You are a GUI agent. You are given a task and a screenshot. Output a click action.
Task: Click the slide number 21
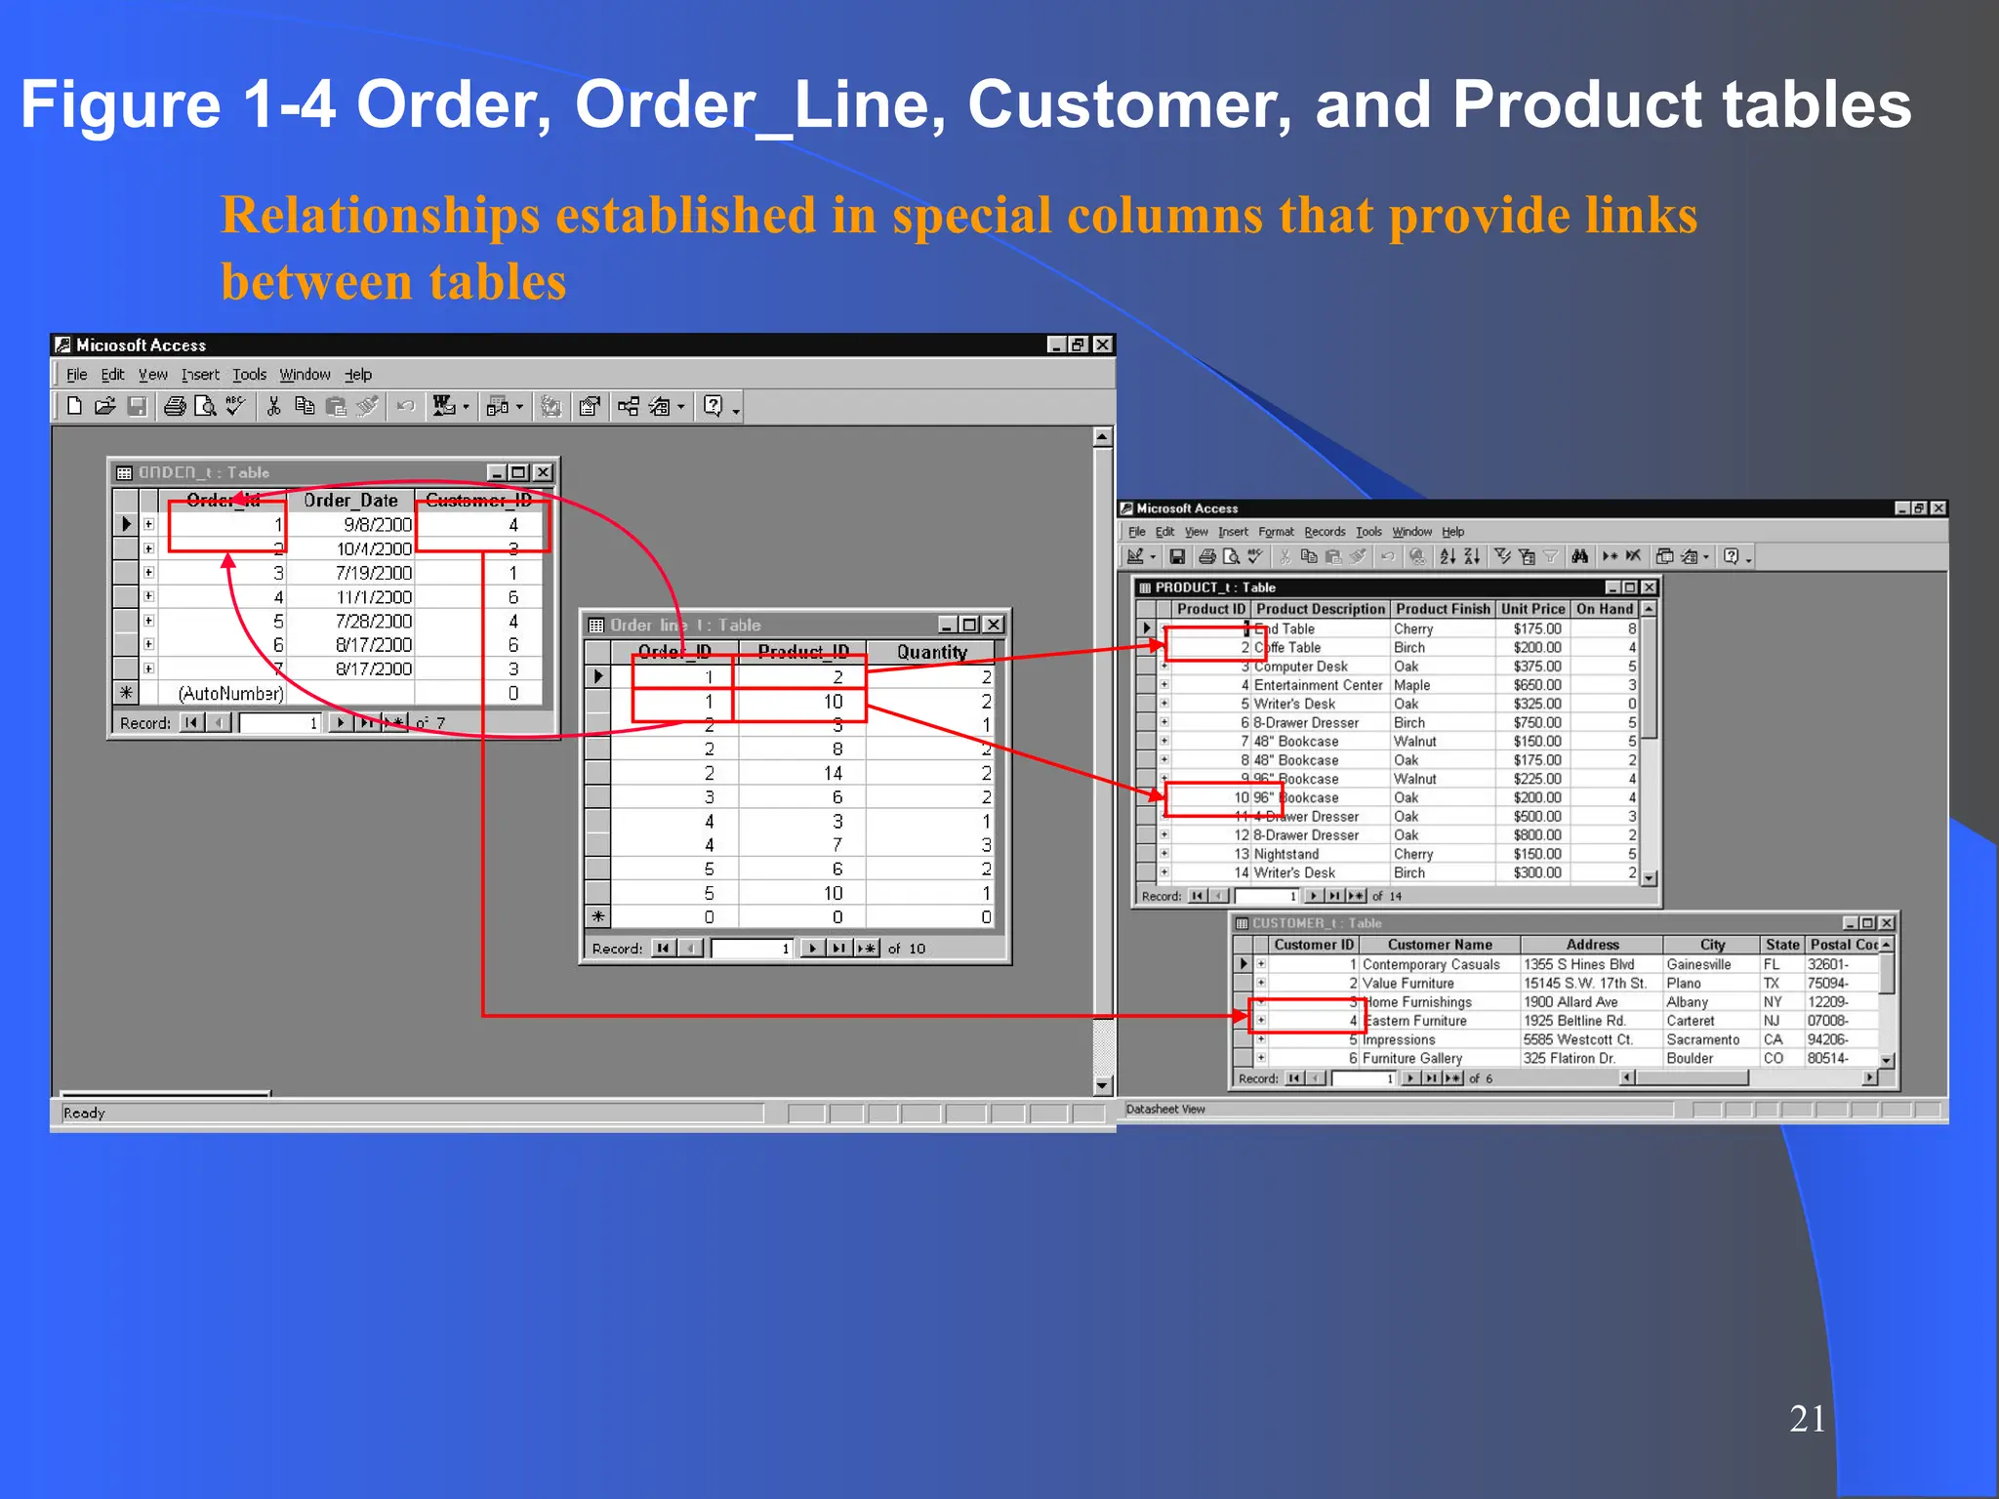click(1807, 1418)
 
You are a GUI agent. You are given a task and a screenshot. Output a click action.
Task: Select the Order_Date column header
click(350, 501)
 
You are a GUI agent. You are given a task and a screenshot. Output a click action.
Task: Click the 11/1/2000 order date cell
click(374, 597)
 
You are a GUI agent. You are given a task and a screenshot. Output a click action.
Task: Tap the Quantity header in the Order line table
click(931, 652)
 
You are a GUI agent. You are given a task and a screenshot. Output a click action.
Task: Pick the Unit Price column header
click(1532, 609)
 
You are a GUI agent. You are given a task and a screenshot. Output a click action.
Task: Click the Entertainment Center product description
click(1318, 685)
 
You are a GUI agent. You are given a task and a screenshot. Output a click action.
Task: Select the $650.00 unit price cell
click(1537, 685)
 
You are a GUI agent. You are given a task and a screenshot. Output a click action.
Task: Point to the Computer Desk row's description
click(1300, 667)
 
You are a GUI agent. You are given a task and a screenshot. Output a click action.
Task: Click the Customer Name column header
click(1440, 945)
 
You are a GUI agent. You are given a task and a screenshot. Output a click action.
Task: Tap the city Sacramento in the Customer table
click(1702, 1039)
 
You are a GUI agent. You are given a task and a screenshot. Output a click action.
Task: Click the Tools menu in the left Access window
click(249, 375)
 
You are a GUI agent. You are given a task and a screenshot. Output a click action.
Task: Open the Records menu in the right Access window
click(1325, 532)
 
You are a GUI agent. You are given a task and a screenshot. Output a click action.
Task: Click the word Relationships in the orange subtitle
click(380, 216)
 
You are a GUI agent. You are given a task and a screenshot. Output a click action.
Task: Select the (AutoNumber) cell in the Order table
click(230, 694)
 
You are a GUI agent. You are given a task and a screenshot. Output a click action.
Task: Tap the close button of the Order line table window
click(993, 625)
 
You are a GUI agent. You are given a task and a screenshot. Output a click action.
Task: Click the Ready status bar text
click(84, 1114)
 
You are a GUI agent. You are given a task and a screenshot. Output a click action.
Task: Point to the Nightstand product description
click(1285, 854)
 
